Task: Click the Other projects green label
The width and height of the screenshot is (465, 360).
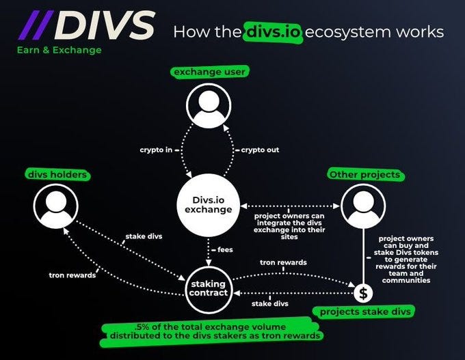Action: [x=364, y=175]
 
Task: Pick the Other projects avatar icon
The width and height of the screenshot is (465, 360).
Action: [x=363, y=206]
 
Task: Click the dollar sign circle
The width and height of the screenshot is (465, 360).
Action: [x=362, y=293]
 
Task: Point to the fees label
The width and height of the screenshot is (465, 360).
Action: [x=224, y=249]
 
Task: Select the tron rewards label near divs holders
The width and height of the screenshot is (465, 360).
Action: [x=72, y=275]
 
